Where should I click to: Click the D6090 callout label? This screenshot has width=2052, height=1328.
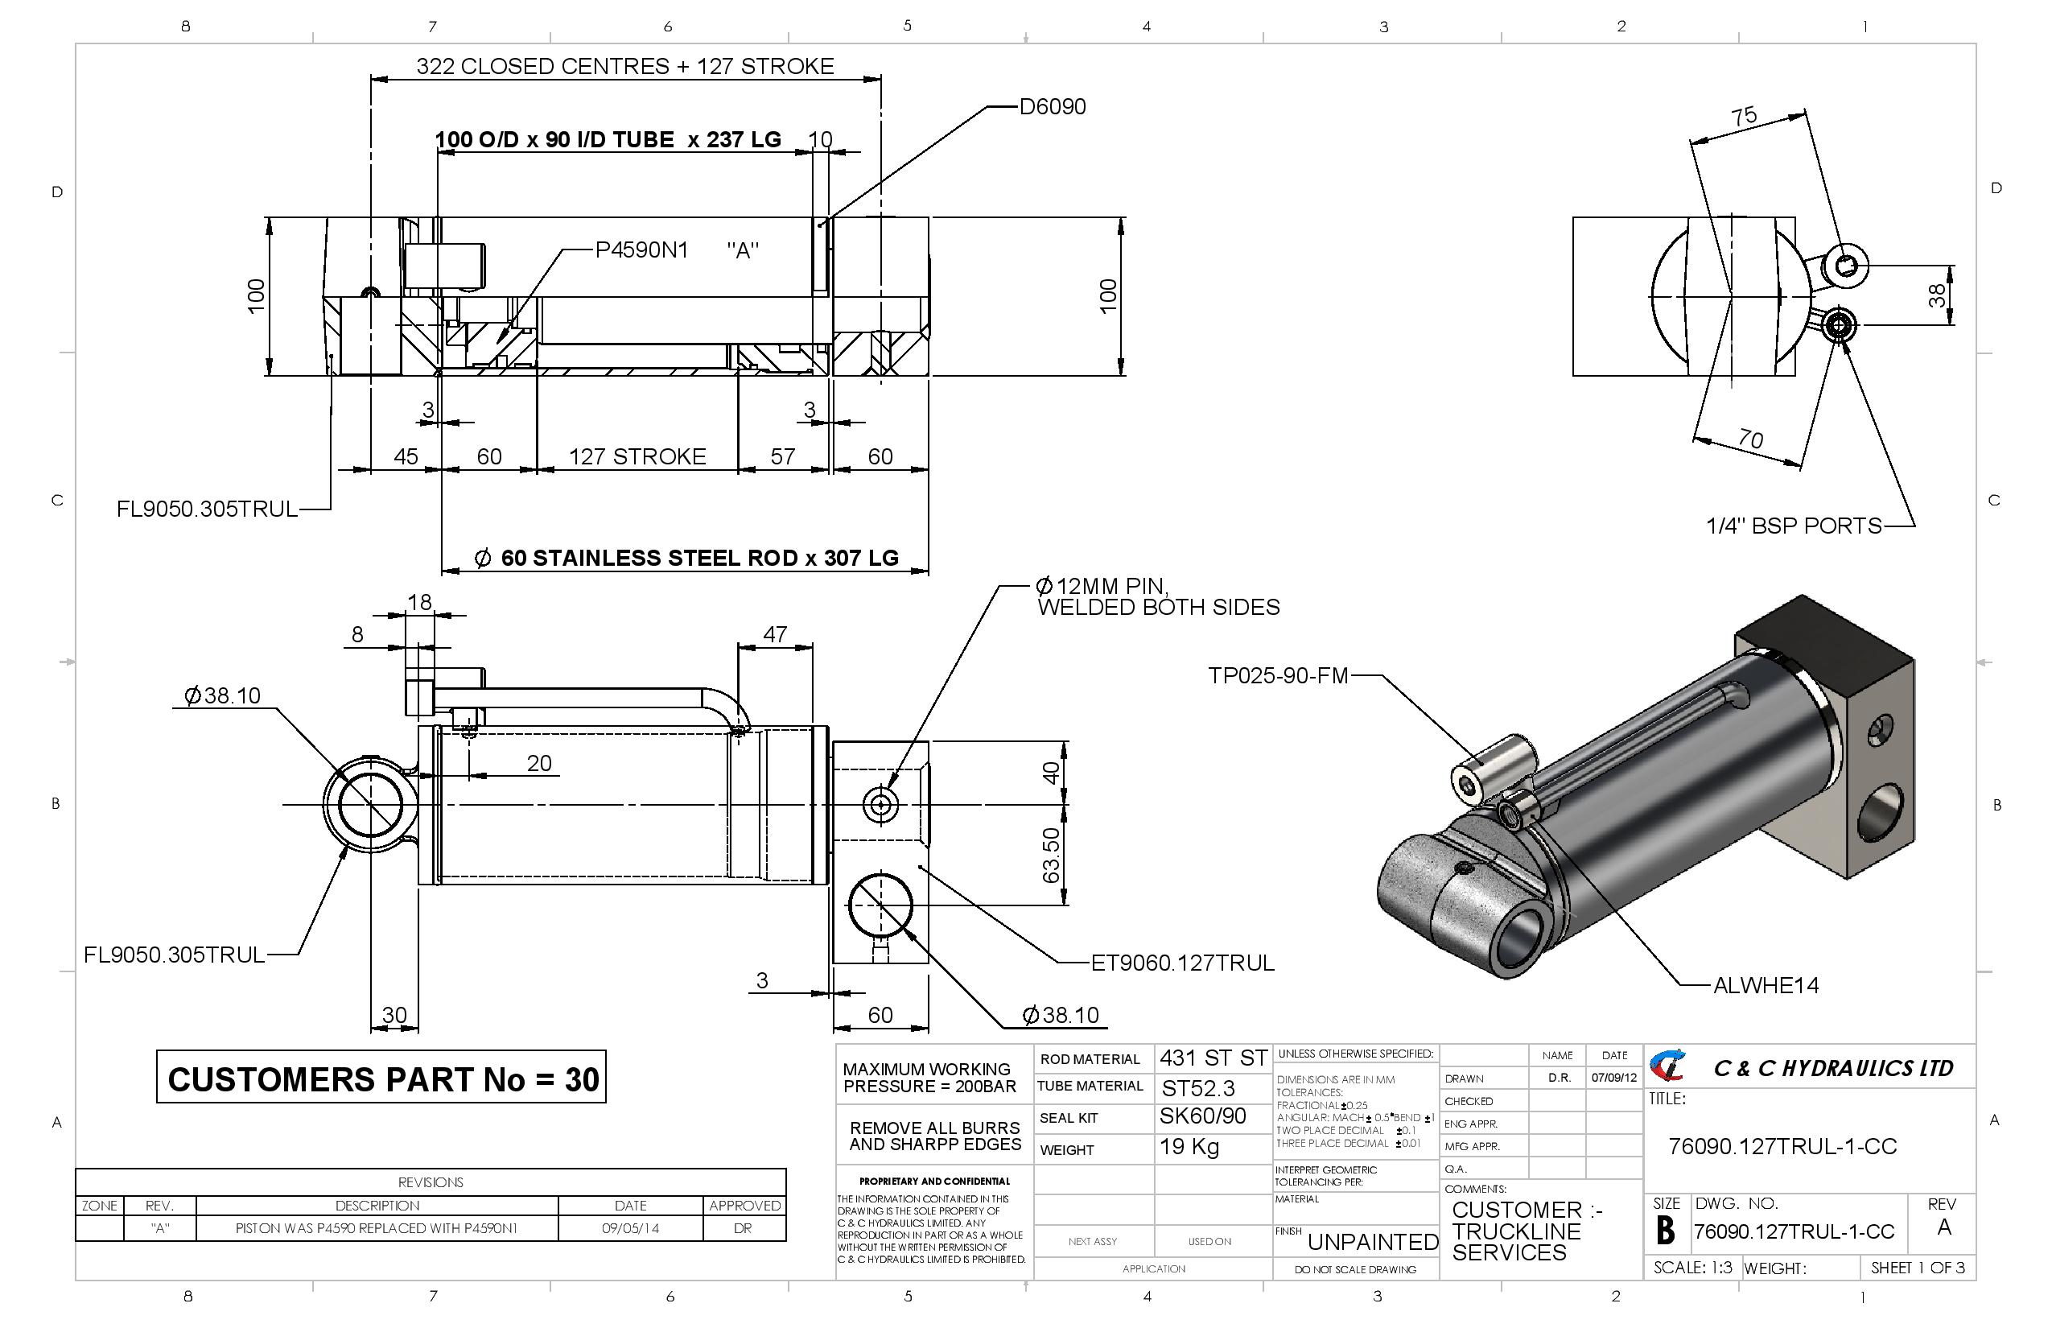click(1052, 107)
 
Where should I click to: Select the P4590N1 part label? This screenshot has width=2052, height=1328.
click(641, 250)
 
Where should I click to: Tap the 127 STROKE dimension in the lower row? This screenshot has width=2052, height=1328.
click(637, 456)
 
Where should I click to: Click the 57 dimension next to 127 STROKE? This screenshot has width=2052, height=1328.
click(782, 456)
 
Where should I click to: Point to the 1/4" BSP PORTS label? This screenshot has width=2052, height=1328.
click(1794, 526)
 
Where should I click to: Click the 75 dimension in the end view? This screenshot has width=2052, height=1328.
click(1743, 117)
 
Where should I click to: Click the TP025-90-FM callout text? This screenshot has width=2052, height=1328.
click(1278, 675)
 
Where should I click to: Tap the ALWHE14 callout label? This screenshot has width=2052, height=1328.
click(1766, 986)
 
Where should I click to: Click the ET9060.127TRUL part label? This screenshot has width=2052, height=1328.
click(1182, 963)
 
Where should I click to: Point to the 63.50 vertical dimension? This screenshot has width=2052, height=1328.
click(1050, 856)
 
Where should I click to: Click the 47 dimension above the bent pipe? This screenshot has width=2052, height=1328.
click(774, 634)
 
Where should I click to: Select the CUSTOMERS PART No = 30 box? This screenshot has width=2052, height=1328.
click(381, 1078)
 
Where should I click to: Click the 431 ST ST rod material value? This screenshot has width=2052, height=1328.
click(1212, 1058)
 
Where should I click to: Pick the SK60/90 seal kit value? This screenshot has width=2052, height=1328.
click(1202, 1117)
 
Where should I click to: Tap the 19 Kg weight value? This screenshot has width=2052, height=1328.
click(1189, 1147)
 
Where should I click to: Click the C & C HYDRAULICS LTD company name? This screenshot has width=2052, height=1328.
click(1832, 1069)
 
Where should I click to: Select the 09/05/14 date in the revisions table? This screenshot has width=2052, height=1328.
click(630, 1228)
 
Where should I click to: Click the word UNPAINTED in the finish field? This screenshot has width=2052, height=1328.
click(1373, 1243)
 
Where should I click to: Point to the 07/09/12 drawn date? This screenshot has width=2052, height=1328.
click(1614, 1078)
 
